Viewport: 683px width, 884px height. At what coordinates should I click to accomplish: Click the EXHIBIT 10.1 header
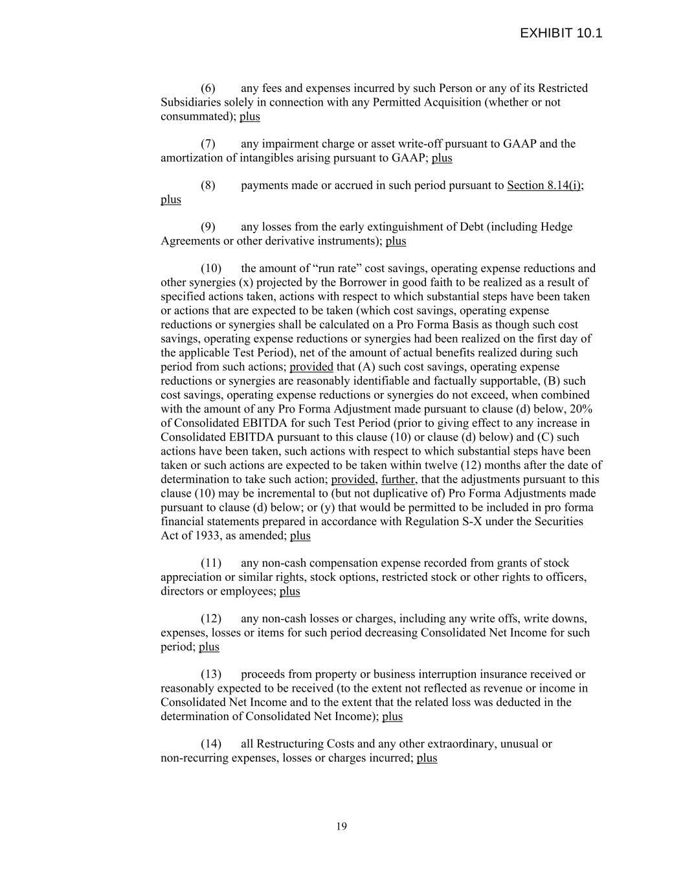[x=561, y=33]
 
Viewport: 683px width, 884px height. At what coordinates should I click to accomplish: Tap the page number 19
[x=341, y=826]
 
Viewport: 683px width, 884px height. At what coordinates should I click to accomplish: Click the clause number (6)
[x=208, y=88]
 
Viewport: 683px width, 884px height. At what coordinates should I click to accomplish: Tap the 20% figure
[x=581, y=409]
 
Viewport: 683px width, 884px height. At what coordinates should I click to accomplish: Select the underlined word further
[x=397, y=479]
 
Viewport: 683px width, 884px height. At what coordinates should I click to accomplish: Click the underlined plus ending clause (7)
[x=442, y=158]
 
